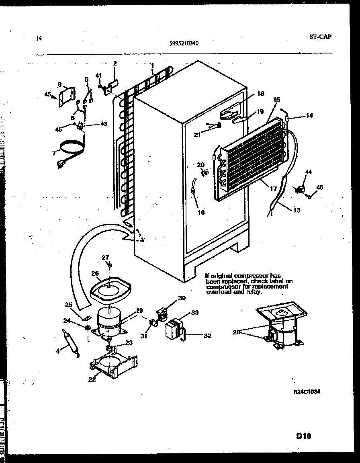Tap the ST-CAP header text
320,36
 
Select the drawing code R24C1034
307,392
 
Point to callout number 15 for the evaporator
276,99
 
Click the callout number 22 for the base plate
92,379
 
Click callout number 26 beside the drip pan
95,273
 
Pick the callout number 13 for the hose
297,210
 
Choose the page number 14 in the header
39,39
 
